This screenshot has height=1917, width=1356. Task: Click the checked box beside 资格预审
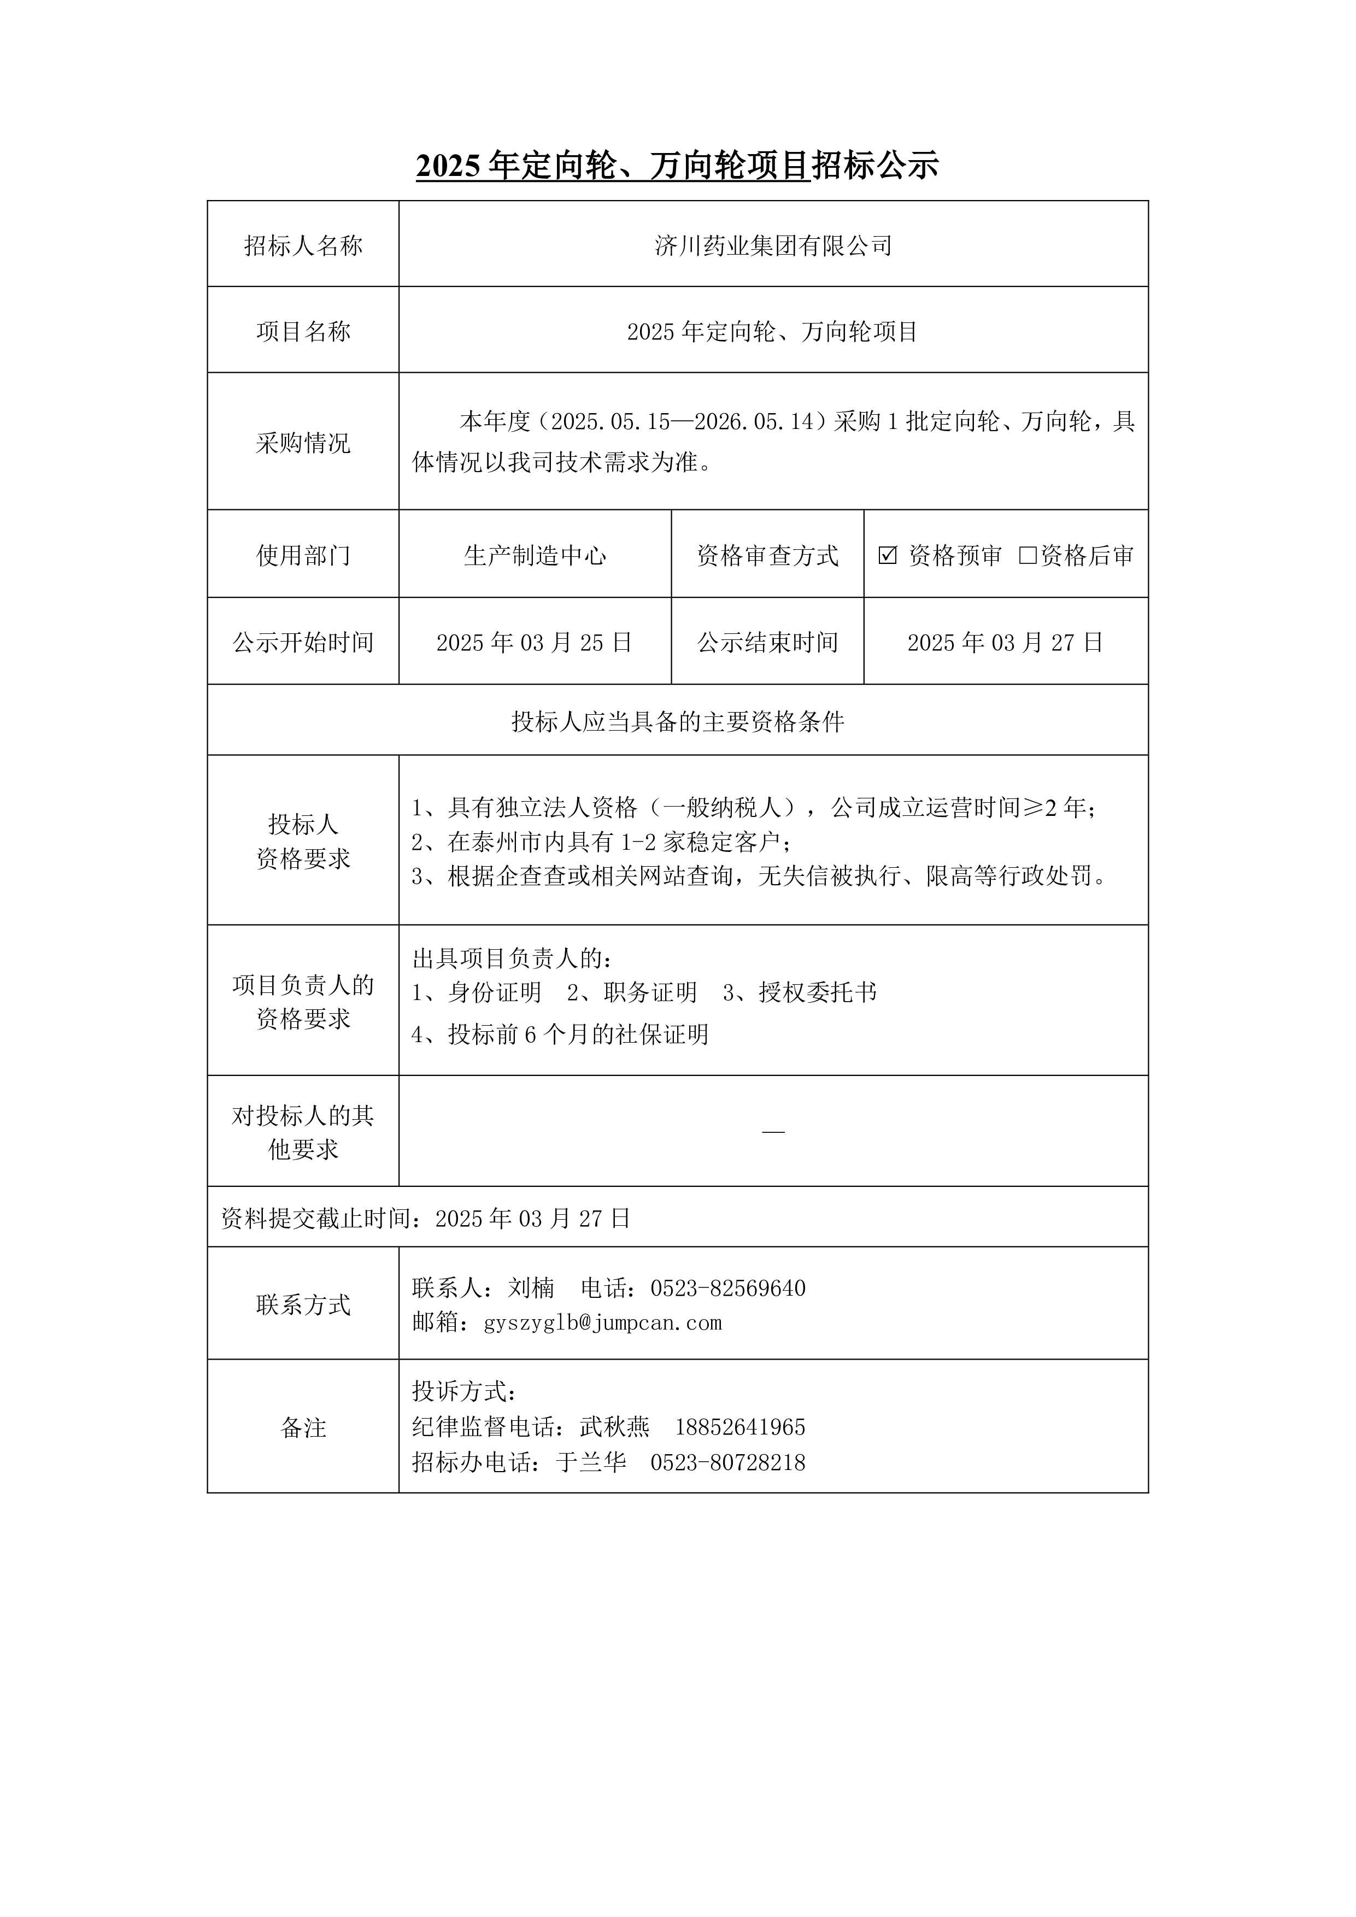click(x=888, y=555)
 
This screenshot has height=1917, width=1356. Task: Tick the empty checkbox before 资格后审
click(x=1028, y=555)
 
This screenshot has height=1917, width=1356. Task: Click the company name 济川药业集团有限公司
click(x=773, y=245)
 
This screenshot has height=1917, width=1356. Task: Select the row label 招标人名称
click(x=303, y=245)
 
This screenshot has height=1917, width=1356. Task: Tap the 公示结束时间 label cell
click(x=767, y=642)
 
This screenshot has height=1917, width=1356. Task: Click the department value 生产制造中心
click(x=535, y=555)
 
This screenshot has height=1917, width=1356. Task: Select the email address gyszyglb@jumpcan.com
click(x=603, y=1322)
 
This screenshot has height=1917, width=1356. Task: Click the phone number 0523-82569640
click(x=728, y=1289)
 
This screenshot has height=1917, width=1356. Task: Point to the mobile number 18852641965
click(x=740, y=1427)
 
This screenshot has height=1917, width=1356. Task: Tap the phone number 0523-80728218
click(x=728, y=1462)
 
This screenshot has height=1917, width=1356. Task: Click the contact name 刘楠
click(x=531, y=1289)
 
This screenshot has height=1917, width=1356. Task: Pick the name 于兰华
click(x=591, y=1462)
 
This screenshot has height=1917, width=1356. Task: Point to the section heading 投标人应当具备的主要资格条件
click(x=678, y=721)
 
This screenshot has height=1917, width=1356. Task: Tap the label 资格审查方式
click(x=767, y=555)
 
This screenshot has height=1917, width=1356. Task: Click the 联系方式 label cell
click(x=303, y=1305)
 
